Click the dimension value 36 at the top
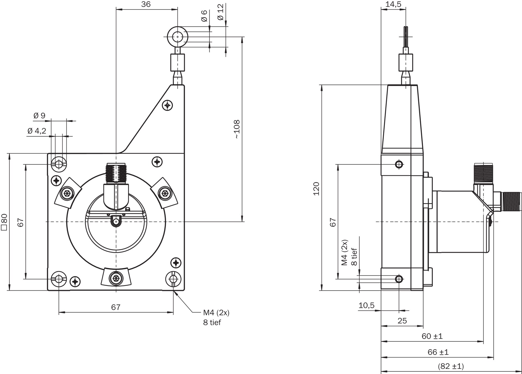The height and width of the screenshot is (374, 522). click(146, 4)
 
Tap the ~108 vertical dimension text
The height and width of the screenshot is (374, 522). click(237, 129)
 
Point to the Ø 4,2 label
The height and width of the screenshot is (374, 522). click(37, 131)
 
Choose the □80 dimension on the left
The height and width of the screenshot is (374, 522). click(4, 222)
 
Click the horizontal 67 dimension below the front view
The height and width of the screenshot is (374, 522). click(116, 307)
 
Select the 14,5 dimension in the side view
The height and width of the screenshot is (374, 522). click(393, 4)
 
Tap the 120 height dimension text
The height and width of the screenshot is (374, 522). click(316, 188)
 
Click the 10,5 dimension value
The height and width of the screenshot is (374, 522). click(366, 305)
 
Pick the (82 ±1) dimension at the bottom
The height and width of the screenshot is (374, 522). click(450, 366)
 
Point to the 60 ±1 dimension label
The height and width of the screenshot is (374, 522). click(432, 336)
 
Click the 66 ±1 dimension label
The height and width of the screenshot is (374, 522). click(438, 352)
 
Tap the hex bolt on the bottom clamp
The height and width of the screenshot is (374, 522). click(116, 278)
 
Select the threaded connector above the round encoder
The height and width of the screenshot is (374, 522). click(116, 173)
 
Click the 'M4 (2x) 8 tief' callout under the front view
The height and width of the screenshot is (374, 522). click(216, 317)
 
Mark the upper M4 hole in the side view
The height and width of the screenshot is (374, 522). click(399, 164)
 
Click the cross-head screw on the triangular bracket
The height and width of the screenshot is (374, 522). click(167, 105)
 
